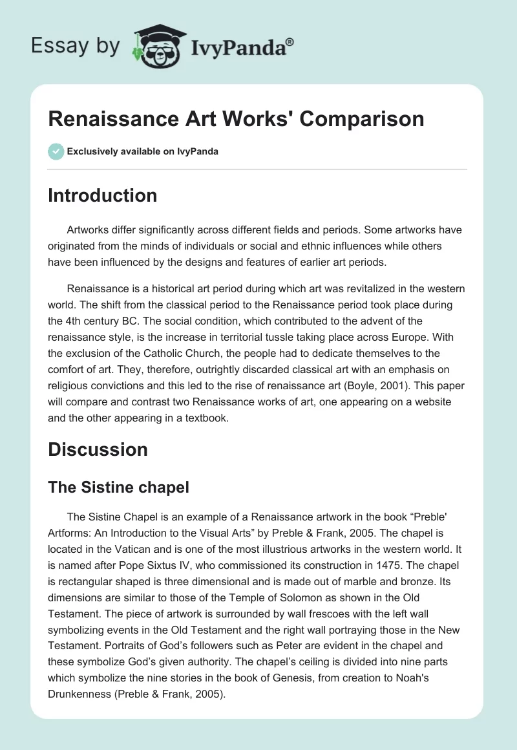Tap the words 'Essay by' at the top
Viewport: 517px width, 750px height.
click(76, 47)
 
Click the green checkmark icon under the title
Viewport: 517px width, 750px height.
click(56, 151)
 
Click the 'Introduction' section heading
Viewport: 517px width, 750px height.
click(102, 195)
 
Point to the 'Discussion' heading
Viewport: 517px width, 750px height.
click(98, 449)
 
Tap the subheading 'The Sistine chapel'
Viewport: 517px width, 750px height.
click(118, 487)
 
